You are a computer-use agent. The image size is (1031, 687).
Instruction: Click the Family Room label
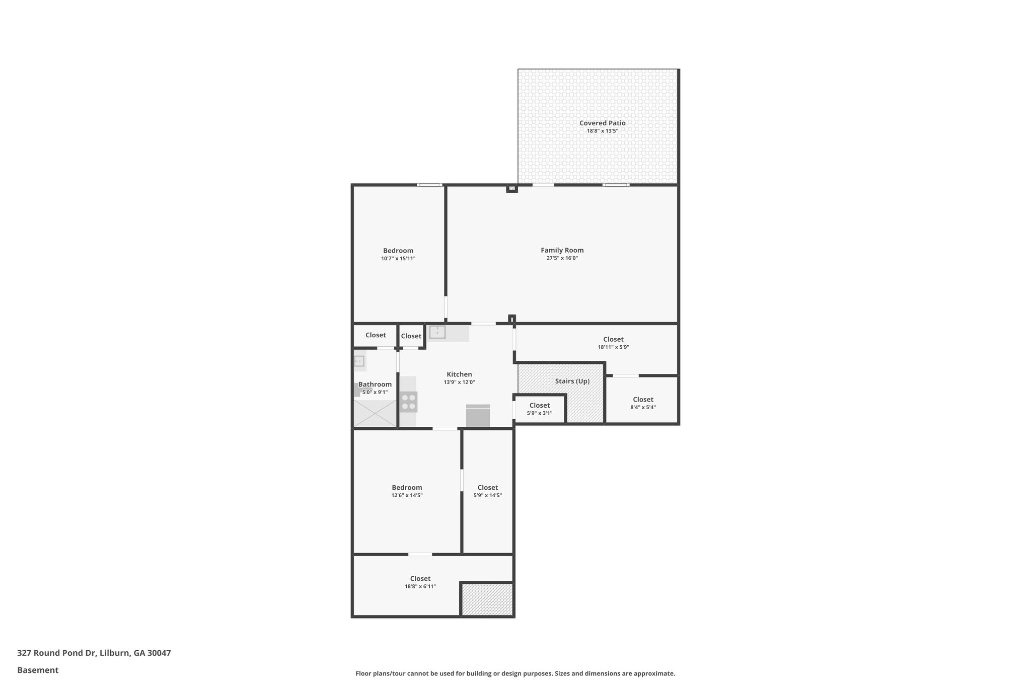pos(562,250)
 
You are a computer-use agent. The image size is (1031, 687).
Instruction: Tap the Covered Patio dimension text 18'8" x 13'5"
pos(602,131)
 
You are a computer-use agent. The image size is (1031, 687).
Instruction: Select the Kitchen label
pos(459,374)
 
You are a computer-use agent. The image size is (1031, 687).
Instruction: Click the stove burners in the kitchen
pos(408,402)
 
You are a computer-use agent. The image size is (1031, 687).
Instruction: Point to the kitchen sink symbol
pos(437,332)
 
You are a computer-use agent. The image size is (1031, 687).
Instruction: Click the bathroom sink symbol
pos(359,361)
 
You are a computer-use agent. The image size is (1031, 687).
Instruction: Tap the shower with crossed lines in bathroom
pos(375,414)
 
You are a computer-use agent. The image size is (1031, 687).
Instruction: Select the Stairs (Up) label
pos(572,381)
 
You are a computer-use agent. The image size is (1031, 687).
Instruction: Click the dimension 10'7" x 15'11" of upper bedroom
pos(398,259)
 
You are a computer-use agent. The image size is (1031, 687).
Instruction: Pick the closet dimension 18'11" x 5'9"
pos(613,347)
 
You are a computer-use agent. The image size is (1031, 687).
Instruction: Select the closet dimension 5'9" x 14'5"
pos(487,496)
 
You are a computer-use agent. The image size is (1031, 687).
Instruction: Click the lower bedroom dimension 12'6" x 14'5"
pos(407,496)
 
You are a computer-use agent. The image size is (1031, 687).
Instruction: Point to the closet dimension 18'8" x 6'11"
pos(420,587)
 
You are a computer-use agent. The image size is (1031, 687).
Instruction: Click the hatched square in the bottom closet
pos(487,599)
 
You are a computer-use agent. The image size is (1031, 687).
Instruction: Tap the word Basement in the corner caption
pos(38,670)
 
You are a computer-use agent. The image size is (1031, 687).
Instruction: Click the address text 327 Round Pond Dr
pos(56,653)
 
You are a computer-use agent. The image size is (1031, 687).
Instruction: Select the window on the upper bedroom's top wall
pos(429,185)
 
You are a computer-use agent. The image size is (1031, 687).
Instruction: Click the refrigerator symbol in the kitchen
pos(478,416)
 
